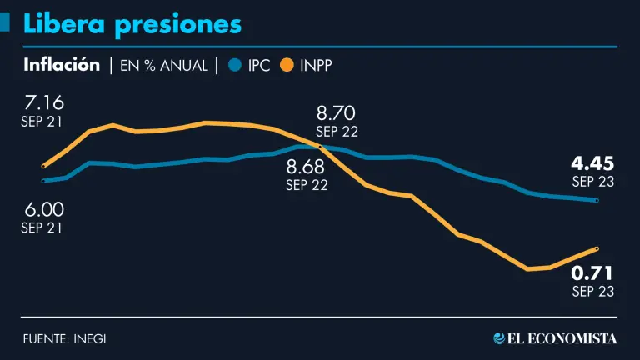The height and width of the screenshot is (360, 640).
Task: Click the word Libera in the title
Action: tap(63, 24)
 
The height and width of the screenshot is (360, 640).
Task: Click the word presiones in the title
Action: tap(177, 25)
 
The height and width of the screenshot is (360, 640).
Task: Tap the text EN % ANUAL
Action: tap(163, 66)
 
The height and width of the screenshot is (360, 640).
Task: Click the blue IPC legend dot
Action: tap(235, 65)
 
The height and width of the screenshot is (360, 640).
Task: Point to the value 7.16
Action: tap(44, 103)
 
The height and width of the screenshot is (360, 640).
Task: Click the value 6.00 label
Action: tap(44, 209)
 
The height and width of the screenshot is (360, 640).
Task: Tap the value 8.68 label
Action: tap(307, 167)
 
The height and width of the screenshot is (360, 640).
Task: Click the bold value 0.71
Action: tap(592, 273)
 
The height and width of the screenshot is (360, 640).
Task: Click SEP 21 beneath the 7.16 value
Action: tap(42, 122)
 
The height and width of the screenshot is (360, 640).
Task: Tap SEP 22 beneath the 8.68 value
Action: tap(307, 185)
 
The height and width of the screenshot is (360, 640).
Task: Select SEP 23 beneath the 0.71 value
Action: tap(592, 292)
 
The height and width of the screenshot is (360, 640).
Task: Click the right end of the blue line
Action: tap(597, 200)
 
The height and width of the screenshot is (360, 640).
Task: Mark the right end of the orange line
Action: tap(597, 248)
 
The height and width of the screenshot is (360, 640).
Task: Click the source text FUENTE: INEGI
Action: tap(64, 338)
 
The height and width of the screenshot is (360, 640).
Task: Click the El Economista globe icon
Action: tap(500, 338)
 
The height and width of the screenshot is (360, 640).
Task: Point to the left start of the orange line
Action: tap(43, 166)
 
